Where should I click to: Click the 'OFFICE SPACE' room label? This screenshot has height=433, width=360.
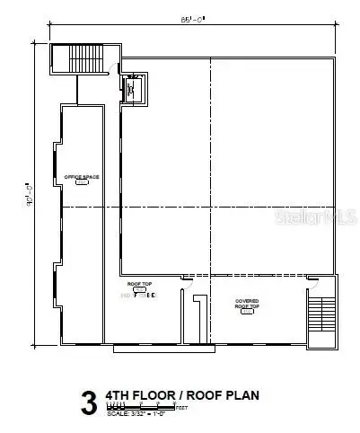point(82,177)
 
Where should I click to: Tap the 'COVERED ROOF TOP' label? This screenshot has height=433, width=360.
point(247,304)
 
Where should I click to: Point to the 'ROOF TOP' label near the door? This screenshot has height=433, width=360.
point(139,284)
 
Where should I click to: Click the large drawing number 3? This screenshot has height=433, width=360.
point(89,403)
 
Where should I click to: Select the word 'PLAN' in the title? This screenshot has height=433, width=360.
point(243,394)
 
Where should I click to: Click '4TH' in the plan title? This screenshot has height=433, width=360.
point(119,394)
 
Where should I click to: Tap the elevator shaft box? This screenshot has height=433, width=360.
point(134,89)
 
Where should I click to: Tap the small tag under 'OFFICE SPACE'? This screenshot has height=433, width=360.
point(82,186)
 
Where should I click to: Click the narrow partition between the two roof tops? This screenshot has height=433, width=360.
point(198,319)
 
